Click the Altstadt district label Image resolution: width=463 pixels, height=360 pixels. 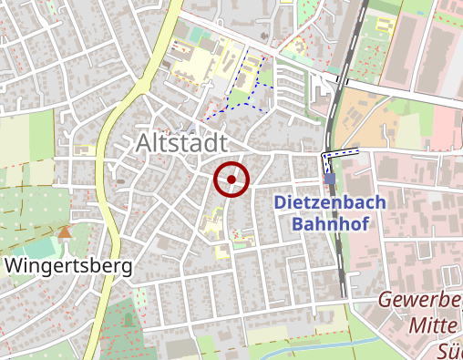182,143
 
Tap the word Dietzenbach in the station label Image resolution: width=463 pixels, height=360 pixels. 329,202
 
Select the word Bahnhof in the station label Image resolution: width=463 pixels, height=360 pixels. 329,223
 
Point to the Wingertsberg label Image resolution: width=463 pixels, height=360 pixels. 69,266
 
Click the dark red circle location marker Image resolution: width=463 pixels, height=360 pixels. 231,179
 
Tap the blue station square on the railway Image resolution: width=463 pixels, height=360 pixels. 329,179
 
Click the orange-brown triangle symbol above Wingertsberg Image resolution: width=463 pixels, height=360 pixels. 64,232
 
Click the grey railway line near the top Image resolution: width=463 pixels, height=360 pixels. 351,55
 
